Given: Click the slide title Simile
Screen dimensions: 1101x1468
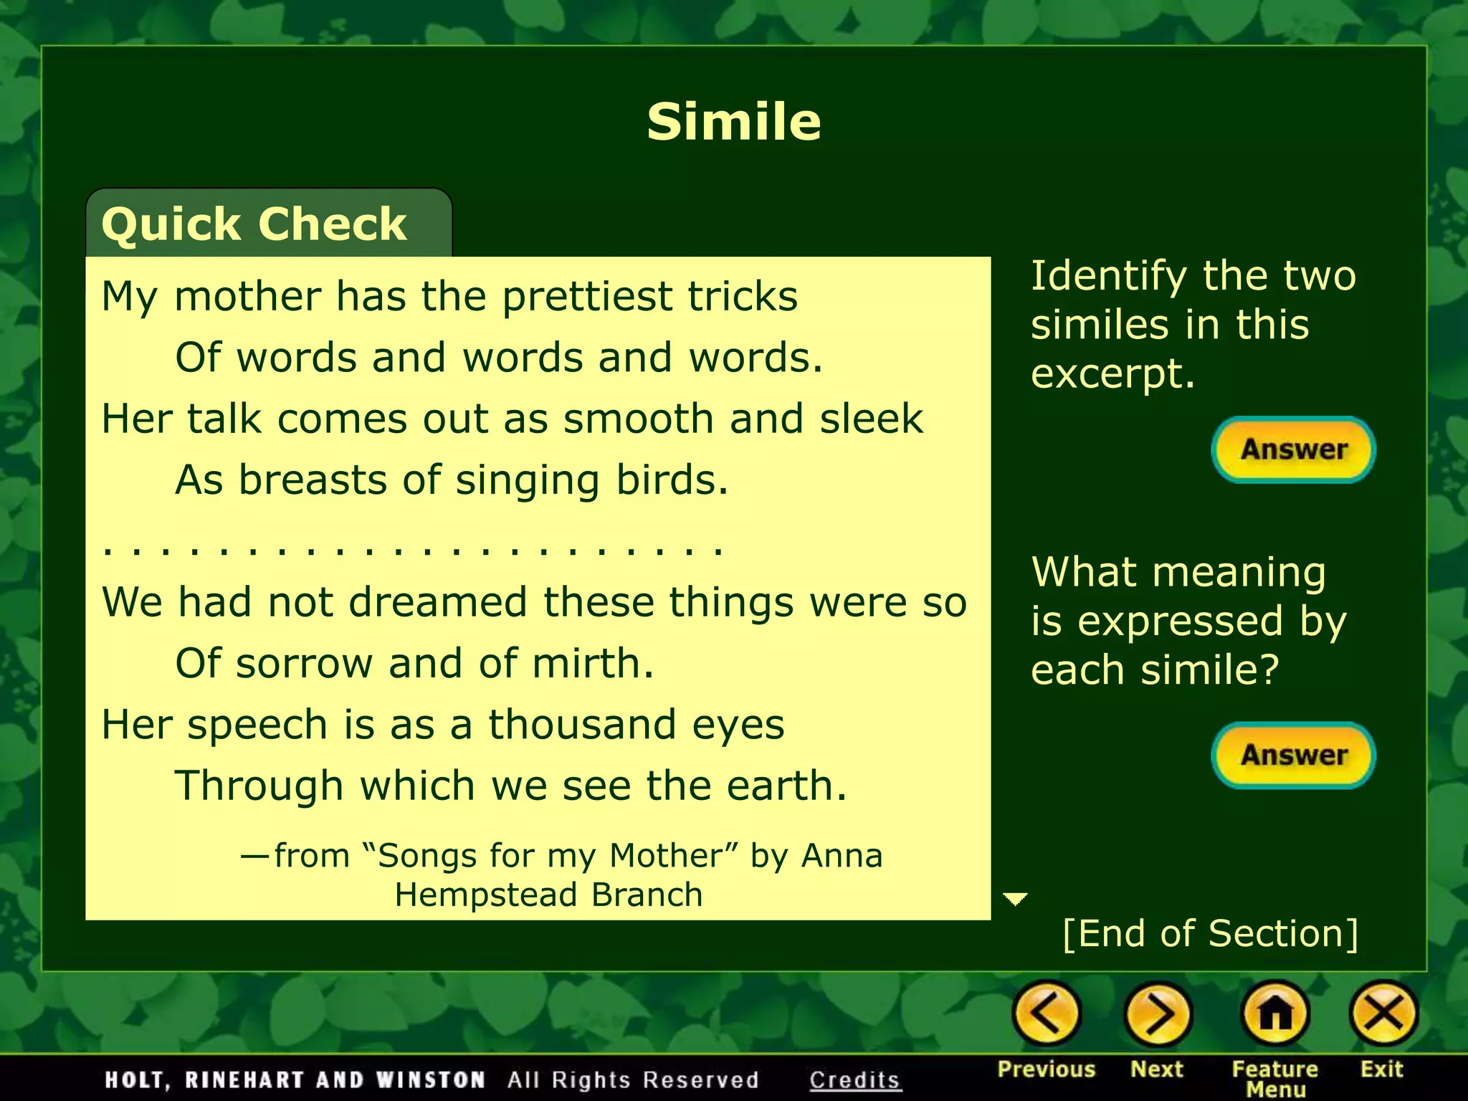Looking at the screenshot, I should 733,122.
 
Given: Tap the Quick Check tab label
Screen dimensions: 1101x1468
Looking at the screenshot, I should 254,224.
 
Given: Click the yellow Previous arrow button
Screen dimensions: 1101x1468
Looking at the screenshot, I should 1046,1014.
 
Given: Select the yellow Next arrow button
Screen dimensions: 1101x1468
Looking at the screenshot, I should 1158,1014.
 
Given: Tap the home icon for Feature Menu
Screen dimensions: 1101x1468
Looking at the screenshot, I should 1275,1014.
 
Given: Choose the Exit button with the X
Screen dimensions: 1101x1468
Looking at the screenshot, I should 1383,1014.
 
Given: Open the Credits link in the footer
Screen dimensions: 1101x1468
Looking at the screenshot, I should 854,1079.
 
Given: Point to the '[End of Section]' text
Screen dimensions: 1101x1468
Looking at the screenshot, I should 1210,933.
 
